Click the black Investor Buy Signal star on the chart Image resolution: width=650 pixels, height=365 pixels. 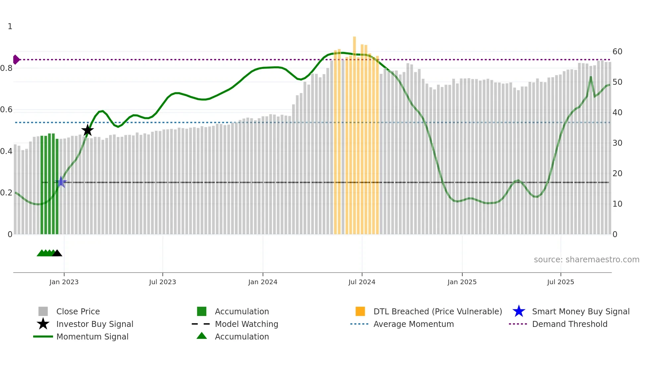[x=88, y=130]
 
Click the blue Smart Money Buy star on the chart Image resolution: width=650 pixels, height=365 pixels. [x=61, y=182]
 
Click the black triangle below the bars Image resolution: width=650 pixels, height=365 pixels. [x=57, y=253]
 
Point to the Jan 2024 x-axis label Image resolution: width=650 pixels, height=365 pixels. [x=263, y=282]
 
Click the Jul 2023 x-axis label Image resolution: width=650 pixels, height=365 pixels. [x=162, y=282]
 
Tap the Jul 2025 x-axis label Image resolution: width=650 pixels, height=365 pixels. [x=560, y=282]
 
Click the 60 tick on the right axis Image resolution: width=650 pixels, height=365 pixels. [x=617, y=52]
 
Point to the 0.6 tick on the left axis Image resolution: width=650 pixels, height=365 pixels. [x=7, y=110]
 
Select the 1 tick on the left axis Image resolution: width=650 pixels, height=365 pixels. [x=10, y=26]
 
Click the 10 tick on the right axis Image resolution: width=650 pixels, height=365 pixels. [x=617, y=204]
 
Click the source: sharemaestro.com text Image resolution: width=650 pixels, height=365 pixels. [x=586, y=260]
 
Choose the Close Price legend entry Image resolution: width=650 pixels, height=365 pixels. [x=78, y=312]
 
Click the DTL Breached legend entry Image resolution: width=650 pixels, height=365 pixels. [x=437, y=312]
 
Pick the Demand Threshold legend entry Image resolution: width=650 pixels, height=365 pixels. [x=569, y=324]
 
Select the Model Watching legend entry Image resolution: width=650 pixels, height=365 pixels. [x=246, y=324]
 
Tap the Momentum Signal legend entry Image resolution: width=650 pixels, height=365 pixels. [x=92, y=337]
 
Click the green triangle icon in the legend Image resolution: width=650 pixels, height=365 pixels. [x=202, y=336]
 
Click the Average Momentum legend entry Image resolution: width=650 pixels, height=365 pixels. [x=414, y=324]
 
